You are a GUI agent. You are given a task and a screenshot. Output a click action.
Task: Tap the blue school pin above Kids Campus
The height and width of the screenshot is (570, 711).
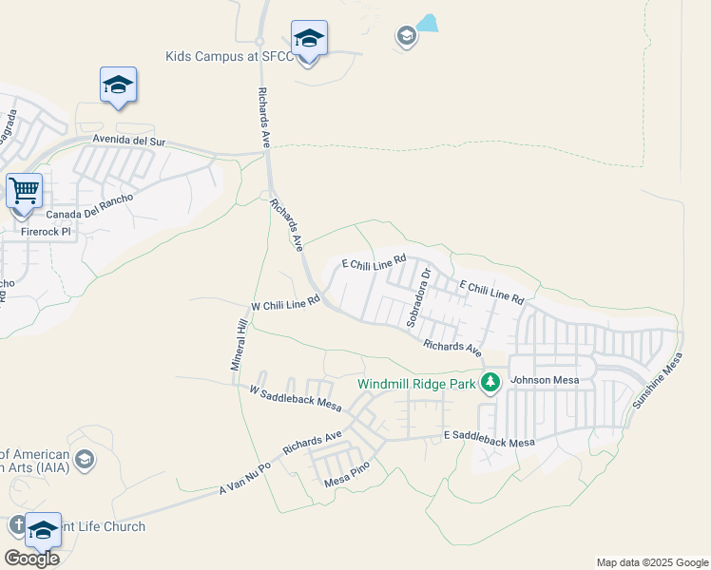pyautogui.click(x=309, y=39)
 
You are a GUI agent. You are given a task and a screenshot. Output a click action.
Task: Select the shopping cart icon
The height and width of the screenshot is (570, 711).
pyautogui.click(x=24, y=190)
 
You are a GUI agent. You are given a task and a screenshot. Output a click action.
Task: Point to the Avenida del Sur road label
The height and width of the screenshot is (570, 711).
pyautogui.click(x=128, y=142)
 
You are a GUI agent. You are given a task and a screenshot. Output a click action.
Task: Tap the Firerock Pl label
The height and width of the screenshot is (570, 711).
pyautogui.click(x=46, y=231)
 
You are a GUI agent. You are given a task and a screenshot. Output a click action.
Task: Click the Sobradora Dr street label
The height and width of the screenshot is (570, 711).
pyautogui.click(x=419, y=297)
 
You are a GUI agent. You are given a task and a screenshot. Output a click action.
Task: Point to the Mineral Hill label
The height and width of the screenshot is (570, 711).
pyautogui.click(x=240, y=346)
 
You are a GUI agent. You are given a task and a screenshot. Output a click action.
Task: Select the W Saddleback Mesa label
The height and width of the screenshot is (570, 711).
pyautogui.click(x=295, y=397)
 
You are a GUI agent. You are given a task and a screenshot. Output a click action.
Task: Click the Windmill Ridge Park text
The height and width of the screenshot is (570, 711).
pyautogui.click(x=415, y=385)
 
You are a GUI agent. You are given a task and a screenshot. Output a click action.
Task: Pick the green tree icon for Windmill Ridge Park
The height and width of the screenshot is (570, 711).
pyautogui.click(x=490, y=383)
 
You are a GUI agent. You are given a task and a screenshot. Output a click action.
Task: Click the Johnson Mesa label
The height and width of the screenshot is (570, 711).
pyautogui.click(x=545, y=380)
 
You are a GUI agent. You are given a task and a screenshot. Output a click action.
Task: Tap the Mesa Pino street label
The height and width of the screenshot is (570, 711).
pyautogui.click(x=346, y=471)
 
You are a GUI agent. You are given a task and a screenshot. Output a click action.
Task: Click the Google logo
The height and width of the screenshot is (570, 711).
pyautogui.click(x=31, y=559)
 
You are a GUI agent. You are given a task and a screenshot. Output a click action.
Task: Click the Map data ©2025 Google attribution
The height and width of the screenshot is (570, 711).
pyautogui.click(x=652, y=562)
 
